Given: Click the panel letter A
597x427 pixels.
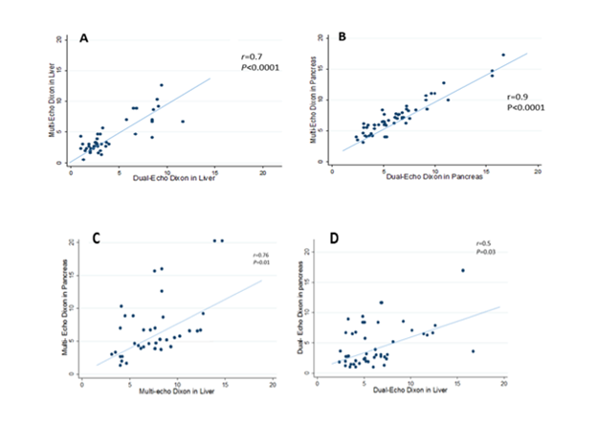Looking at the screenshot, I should point(84,38).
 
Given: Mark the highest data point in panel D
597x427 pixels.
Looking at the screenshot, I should point(463,270).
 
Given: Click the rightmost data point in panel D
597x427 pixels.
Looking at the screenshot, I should point(473,350).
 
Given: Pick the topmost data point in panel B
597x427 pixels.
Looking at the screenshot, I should point(503,55).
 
